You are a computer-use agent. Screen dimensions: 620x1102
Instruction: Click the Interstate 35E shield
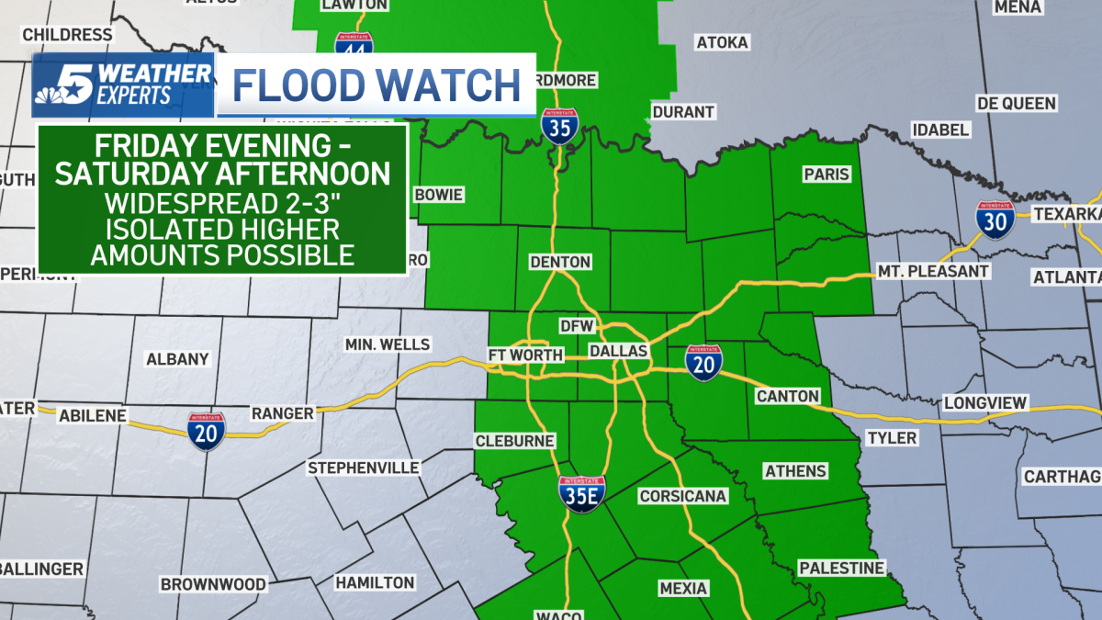pos(580,494)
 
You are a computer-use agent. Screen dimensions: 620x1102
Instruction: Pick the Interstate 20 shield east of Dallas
pos(703,362)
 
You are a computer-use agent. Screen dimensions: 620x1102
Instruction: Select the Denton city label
pos(560,262)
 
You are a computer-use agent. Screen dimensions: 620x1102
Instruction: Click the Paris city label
pos(826,175)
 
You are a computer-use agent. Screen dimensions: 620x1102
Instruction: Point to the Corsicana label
pos(683,496)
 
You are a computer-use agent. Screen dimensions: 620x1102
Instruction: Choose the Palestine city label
pos(840,568)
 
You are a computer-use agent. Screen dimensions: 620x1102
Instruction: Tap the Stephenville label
pos(363,468)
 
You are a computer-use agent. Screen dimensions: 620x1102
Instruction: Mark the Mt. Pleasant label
pos(932,271)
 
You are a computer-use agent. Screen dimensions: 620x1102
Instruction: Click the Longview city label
pos(985,403)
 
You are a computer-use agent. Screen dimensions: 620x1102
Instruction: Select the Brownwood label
pos(213,584)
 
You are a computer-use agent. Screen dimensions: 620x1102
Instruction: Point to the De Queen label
pos(1017,103)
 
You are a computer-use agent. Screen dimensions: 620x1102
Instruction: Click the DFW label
pos(578,326)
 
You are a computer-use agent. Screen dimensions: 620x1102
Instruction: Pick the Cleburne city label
pos(514,441)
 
